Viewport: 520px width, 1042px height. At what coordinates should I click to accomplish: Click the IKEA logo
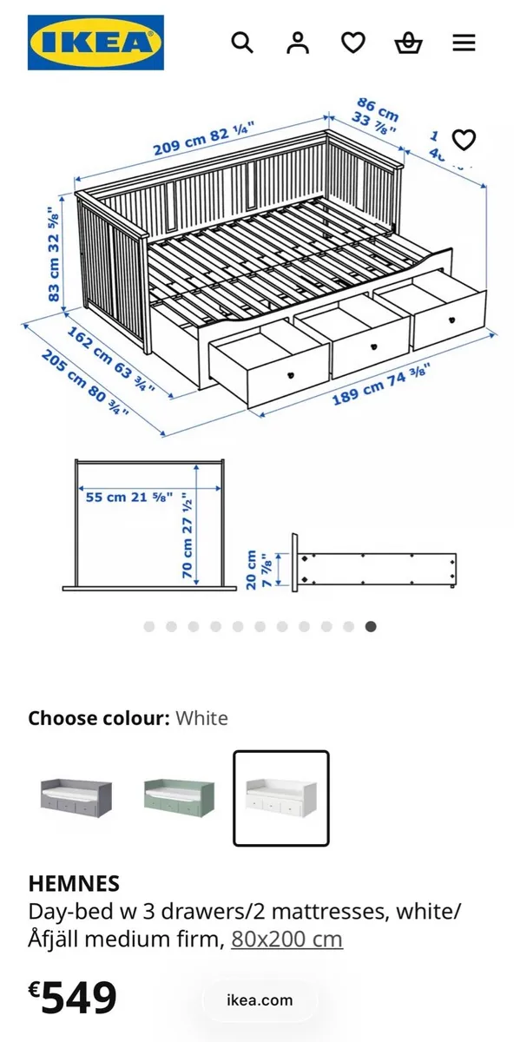click(95, 43)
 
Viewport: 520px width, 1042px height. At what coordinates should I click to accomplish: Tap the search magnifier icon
click(242, 43)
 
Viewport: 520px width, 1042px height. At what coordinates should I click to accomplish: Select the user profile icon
click(298, 43)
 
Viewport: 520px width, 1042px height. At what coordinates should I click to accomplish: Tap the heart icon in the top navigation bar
click(352, 43)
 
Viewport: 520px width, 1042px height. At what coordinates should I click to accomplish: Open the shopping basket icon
click(408, 43)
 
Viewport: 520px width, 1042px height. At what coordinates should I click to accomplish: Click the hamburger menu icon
click(464, 43)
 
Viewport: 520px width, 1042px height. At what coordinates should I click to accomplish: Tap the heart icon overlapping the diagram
click(464, 140)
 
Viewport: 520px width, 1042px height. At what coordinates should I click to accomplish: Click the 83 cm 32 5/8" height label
click(56, 254)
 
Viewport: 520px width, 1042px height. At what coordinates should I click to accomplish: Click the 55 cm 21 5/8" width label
click(128, 498)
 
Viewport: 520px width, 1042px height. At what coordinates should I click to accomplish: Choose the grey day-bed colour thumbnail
click(76, 797)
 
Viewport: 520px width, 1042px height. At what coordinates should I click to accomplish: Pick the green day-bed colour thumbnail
click(179, 797)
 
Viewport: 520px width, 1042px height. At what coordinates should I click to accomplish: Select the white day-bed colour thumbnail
click(280, 797)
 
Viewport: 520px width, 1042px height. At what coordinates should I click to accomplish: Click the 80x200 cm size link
click(286, 939)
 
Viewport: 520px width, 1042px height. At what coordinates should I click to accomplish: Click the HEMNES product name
click(74, 884)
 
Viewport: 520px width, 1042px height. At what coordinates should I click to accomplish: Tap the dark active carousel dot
click(371, 626)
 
